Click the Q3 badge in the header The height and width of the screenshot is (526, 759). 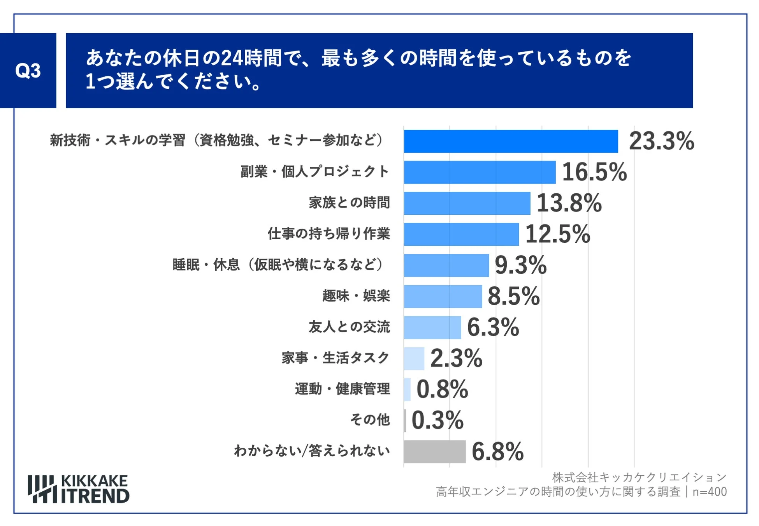coord(28,71)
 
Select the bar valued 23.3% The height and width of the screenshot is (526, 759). coord(510,141)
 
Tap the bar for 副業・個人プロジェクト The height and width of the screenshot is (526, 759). coord(479,172)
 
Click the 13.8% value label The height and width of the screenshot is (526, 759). coord(569,203)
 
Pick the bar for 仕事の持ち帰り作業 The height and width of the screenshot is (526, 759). coord(461,234)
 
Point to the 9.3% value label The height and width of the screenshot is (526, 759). coord(520,265)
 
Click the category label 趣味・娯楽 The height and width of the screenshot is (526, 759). coord(356,296)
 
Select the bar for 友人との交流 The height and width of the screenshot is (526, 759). coord(432,327)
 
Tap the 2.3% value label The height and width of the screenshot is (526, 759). coord(456,358)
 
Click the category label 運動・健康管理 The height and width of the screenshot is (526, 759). coord(342,389)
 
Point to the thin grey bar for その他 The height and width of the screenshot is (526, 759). coord(405,420)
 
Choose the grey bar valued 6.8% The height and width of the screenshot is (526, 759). coord(434,452)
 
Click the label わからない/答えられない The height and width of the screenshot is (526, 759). coord(311,451)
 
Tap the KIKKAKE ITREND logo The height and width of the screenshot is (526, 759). coord(79,489)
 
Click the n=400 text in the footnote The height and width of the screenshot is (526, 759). coord(709,492)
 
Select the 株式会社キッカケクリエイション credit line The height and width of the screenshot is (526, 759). coord(639,477)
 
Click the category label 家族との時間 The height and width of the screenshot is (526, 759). coord(349,203)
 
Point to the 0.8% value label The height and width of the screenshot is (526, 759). coord(442,389)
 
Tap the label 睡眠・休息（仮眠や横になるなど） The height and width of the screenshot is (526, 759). coord(278,265)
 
